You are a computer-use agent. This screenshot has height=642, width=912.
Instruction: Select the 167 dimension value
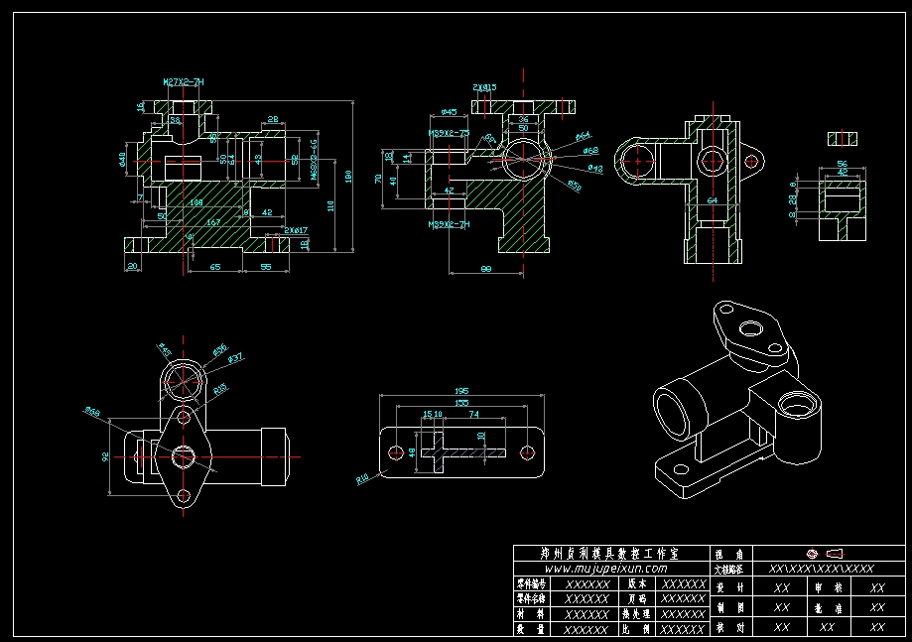[213, 223]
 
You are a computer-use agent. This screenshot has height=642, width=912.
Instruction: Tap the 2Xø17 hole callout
[296, 230]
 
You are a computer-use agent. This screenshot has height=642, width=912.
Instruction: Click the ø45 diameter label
[449, 112]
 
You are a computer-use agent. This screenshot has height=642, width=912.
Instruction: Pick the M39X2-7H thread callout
[449, 225]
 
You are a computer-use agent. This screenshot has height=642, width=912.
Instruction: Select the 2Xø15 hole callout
[485, 87]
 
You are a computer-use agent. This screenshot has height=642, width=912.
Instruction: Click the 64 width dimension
[712, 200]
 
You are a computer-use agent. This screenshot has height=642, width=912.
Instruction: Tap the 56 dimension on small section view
[842, 163]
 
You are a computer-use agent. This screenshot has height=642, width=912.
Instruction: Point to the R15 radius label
[220, 388]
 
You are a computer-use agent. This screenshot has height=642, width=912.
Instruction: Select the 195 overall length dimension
[460, 391]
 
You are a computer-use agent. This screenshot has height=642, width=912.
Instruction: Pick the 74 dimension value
[473, 414]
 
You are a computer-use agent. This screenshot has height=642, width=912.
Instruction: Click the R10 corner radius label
[363, 479]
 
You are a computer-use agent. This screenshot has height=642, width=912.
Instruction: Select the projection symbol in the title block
[820, 553]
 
